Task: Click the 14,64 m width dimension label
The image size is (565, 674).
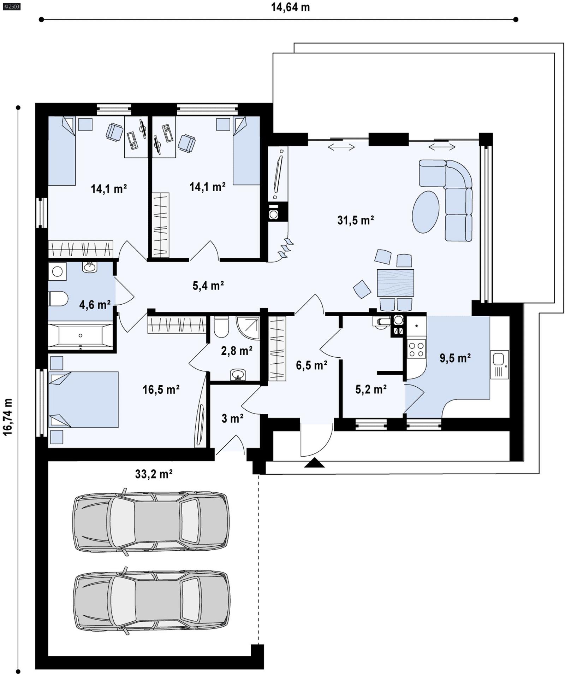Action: pyautogui.click(x=290, y=7)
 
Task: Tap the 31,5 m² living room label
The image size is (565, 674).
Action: pyautogui.click(x=355, y=220)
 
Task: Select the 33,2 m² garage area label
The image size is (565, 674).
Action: pyautogui.click(x=154, y=474)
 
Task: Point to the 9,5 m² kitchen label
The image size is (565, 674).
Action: pyautogui.click(x=455, y=358)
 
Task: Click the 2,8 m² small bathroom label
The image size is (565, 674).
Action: pyautogui.click(x=237, y=351)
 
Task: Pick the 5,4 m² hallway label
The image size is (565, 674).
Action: pyautogui.click(x=208, y=285)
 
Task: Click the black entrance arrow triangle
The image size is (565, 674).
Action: pyautogui.click(x=314, y=463)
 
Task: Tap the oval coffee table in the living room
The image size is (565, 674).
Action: pyautogui.click(x=426, y=212)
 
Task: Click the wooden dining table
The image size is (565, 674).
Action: pyautogui.click(x=395, y=283)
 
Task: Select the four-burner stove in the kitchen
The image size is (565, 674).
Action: pyautogui.click(x=416, y=348)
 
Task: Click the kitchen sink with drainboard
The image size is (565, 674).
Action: pyautogui.click(x=499, y=364)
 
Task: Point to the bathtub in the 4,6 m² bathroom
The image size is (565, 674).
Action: pyautogui.click(x=81, y=335)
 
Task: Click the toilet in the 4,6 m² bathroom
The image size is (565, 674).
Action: pyautogui.click(x=58, y=299)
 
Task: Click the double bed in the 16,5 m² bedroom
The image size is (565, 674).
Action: pyautogui.click(x=83, y=399)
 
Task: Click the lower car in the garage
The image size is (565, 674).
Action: pyautogui.click(x=151, y=601)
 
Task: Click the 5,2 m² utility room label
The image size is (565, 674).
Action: pyautogui.click(x=370, y=389)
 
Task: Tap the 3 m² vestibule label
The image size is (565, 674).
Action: pyautogui.click(x=232, y=418)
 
